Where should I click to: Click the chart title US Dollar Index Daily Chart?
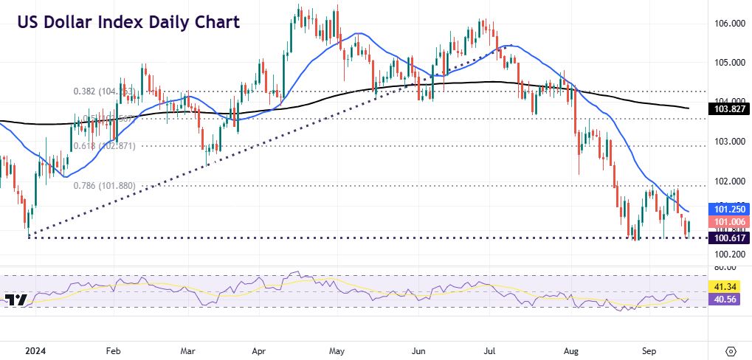pyautogui.click(x=128, y=22)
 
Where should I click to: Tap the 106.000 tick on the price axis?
pyautogui.click(x=727, y=24)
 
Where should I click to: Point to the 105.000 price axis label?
pyautogui.click(x=727, y=63)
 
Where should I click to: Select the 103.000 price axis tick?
pyautogui.click(x=727, y=141)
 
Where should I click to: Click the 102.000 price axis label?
pyautogui.click(x=727, y=181)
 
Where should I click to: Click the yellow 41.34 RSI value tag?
pyautogui.click(x=723, y=285)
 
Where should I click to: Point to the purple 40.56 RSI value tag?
pyautogui.click(x=723, y=300)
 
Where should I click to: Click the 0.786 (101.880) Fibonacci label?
pyautogui.click(x=104, y=186)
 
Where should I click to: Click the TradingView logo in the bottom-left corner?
pyautogui.click(x=15, y=300)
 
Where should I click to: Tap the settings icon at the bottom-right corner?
pyautogui.click(x=731, y=351)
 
